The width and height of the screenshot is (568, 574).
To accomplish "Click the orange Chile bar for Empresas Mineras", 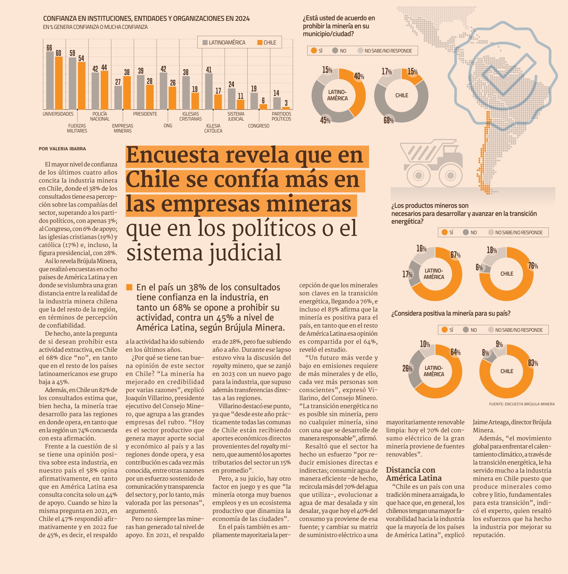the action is [127, 93].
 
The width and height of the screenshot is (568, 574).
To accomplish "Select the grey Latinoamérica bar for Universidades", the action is [50, 81].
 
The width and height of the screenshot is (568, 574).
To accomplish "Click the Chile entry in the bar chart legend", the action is [267, 43].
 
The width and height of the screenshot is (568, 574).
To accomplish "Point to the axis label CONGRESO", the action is [259, 126].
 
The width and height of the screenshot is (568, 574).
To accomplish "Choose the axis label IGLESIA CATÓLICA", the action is [213, 128].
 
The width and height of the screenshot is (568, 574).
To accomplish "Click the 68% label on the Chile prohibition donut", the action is [388, 120].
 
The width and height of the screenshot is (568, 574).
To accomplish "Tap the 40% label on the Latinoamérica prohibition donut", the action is [359, 76].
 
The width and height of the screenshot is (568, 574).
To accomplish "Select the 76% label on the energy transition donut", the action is [533, 266].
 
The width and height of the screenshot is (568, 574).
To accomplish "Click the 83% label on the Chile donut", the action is [533, 363].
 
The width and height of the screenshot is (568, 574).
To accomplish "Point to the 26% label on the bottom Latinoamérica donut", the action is [407, 369].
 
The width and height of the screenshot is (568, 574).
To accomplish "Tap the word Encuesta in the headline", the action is [173, 155].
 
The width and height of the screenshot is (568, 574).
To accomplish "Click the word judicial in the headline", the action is [245, 252].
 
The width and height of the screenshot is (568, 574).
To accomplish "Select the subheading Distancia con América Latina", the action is [414, 474].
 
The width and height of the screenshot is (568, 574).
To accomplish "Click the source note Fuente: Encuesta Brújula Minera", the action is [522, 404].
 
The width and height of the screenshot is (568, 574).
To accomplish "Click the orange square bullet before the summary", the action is [129, 287].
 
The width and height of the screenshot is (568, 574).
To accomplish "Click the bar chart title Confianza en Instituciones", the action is [146, 18].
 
